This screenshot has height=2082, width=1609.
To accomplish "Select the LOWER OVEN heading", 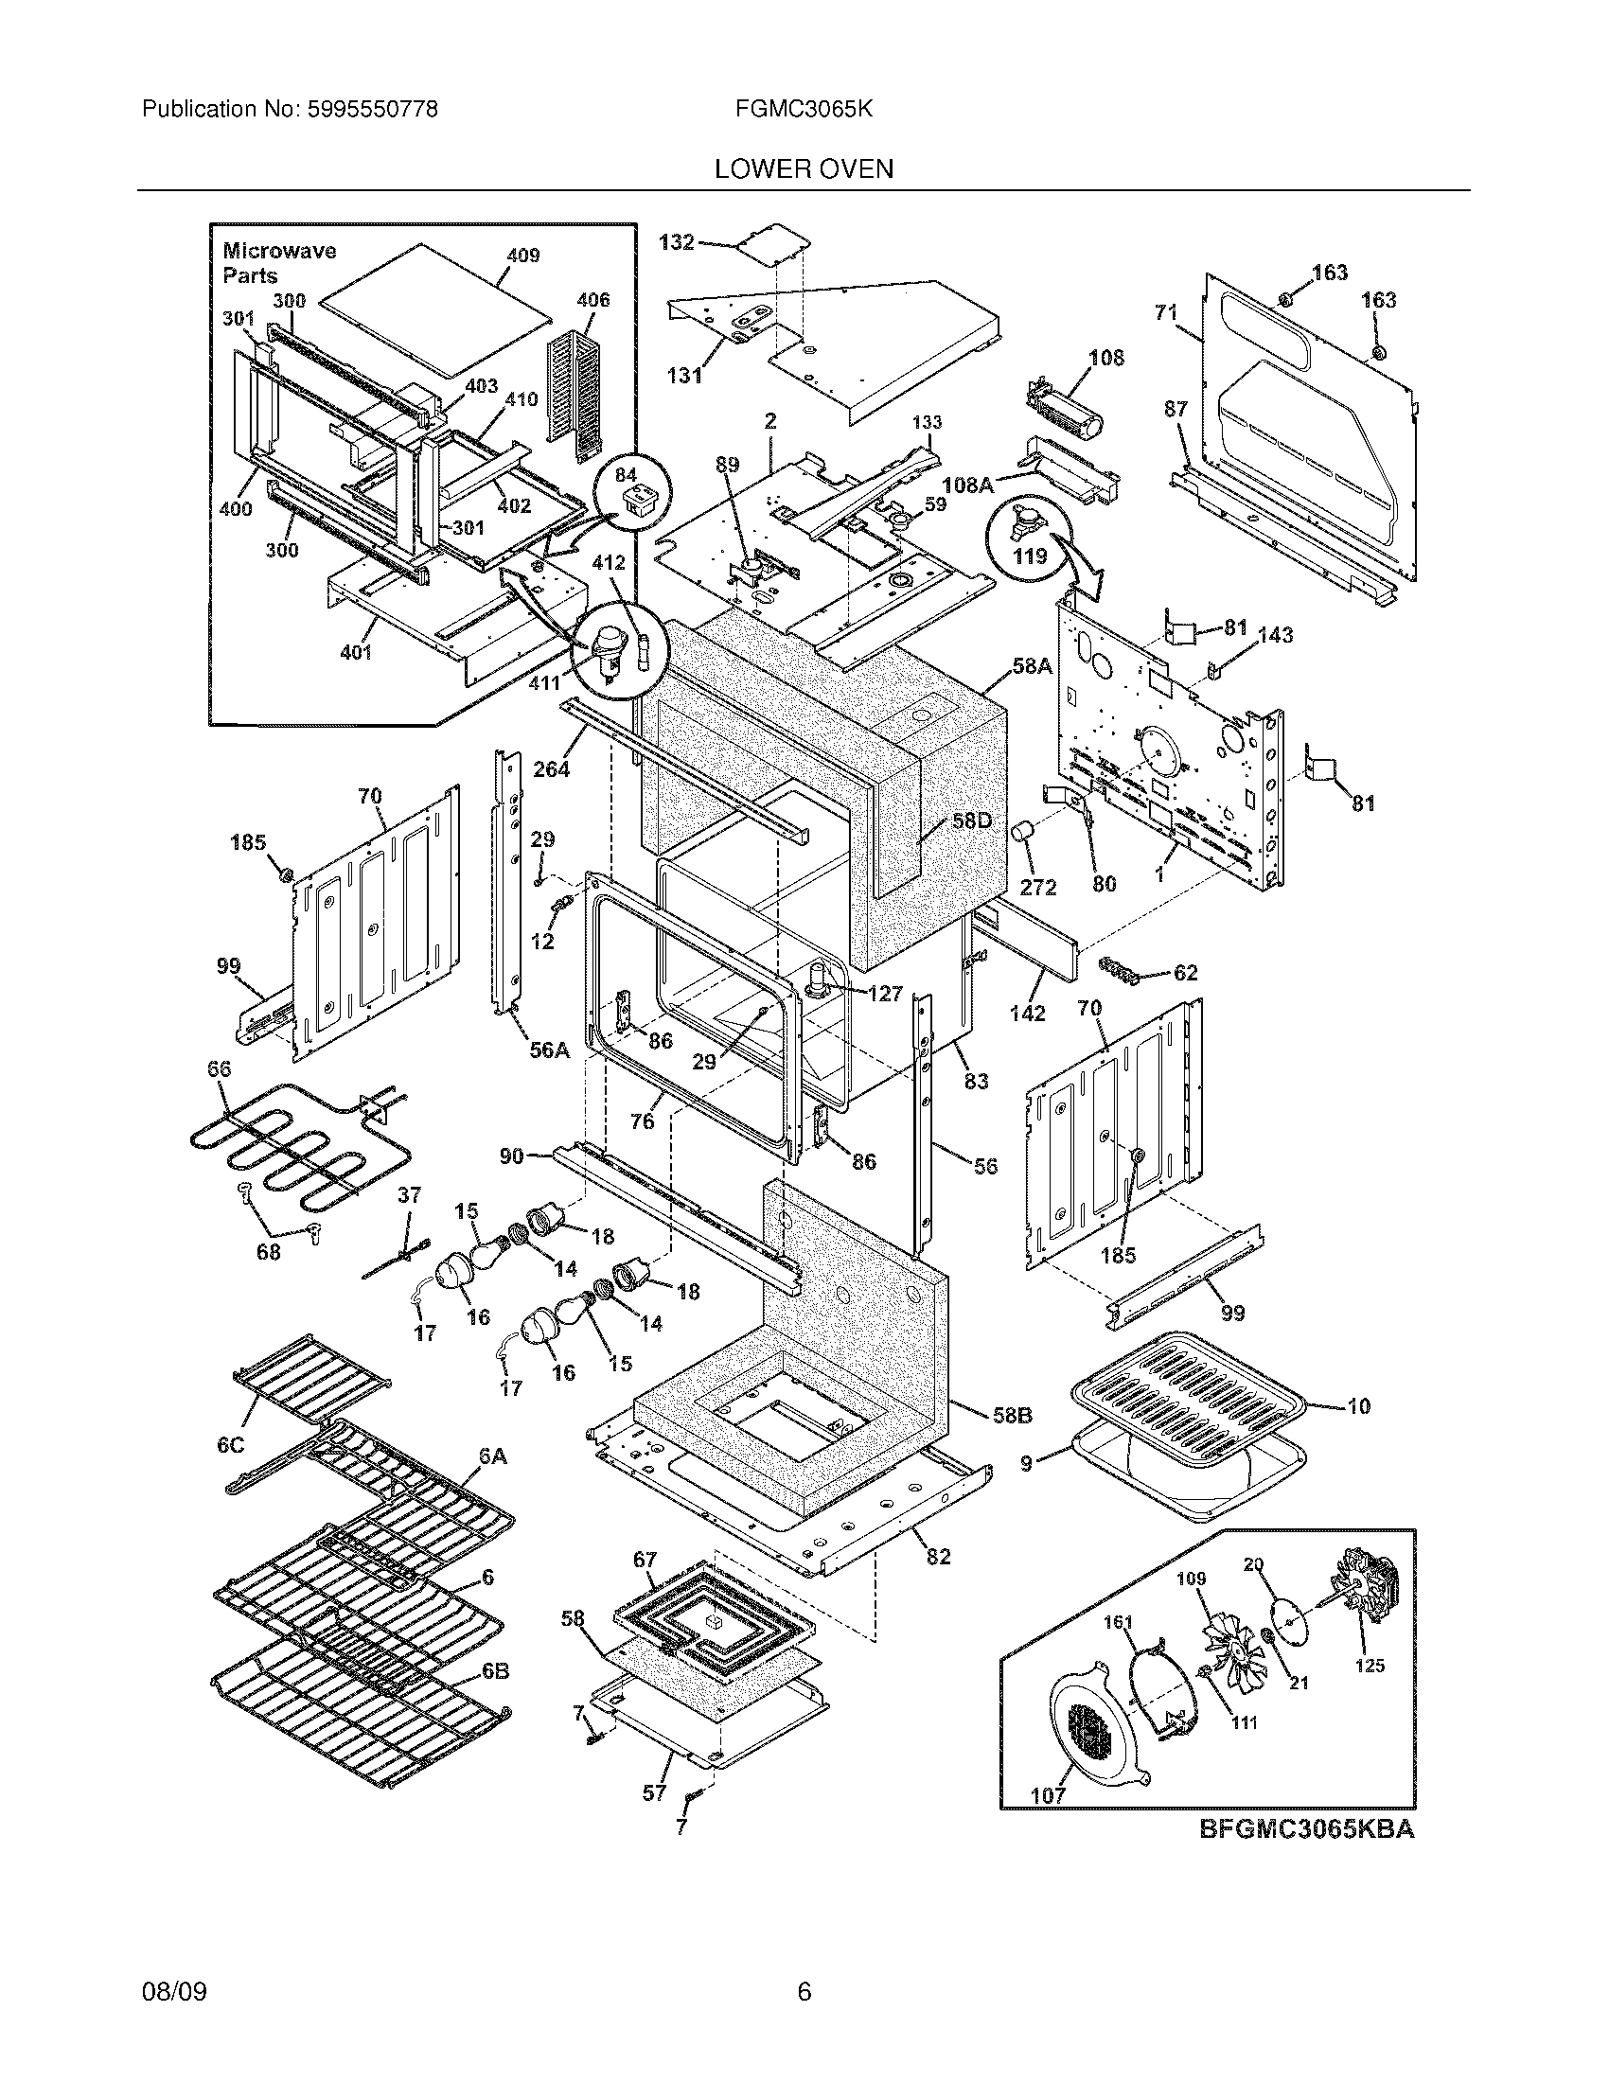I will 804,169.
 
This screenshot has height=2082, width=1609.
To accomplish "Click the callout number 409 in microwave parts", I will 522,256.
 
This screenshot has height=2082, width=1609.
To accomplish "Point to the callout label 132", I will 677,242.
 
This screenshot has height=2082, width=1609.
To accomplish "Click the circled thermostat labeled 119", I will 1030,539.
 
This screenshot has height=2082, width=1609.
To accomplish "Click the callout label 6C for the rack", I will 230,1445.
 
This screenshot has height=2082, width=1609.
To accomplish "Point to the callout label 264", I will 551,768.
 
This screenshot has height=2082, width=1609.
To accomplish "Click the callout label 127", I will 886,994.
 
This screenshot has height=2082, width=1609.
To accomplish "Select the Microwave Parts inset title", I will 278,263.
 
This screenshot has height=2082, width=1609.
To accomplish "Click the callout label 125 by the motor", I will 1369,1666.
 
